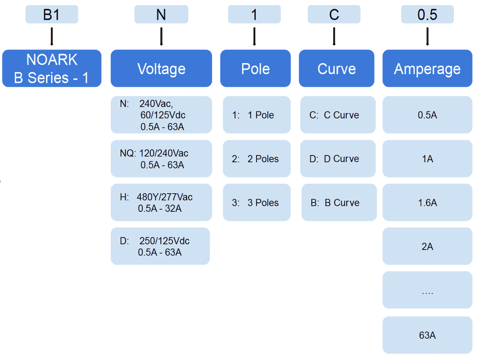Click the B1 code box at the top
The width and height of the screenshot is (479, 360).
click(52, 15)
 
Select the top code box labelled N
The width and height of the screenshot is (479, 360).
click(161, 15)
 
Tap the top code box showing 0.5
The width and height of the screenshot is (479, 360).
click(427, 15)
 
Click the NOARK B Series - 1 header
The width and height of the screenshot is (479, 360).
click(52, 68)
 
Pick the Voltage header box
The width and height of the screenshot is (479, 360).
click(161, 68)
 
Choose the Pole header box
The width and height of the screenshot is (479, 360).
click(255, 68)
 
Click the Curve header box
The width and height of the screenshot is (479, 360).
click(336, 68)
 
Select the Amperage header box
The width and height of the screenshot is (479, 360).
click(427, 68)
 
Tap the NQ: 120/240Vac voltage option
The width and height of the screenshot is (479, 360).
click(161, 158)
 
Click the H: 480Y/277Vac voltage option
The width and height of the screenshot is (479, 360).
click(161, 202)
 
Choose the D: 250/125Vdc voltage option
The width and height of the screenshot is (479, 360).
click(160, 246)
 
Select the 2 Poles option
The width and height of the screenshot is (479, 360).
click(257, 158)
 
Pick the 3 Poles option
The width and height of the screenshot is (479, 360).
click(257, 202)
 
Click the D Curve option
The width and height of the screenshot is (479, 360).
click(338, 158)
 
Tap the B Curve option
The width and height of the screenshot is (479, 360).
click(339, 202)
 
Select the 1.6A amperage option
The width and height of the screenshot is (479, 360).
click(427, 202)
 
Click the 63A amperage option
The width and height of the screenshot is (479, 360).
click(427, 335)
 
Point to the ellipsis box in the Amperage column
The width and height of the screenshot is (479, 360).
click(427, 290)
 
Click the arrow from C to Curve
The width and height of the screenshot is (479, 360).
click(334, 36)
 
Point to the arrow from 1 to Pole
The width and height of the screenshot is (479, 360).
click(254, 36)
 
